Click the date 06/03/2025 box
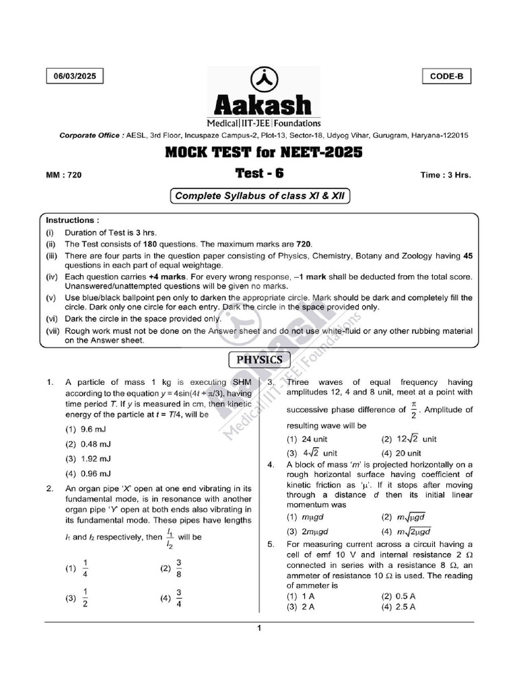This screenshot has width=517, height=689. click(75, 77)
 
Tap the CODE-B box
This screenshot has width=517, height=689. click(446, 77)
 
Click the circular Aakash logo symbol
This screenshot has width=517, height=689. click(258, 80)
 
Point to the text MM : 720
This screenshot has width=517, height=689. click(63, 175)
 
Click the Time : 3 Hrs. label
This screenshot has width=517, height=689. click(446, 175)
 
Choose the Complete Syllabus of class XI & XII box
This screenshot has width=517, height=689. click(258, 196)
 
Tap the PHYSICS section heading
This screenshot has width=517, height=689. click(258, 359)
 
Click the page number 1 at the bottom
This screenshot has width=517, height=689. click(258, 628)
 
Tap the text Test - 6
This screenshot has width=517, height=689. click(259, 173)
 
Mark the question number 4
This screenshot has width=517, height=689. click(270, 465)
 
